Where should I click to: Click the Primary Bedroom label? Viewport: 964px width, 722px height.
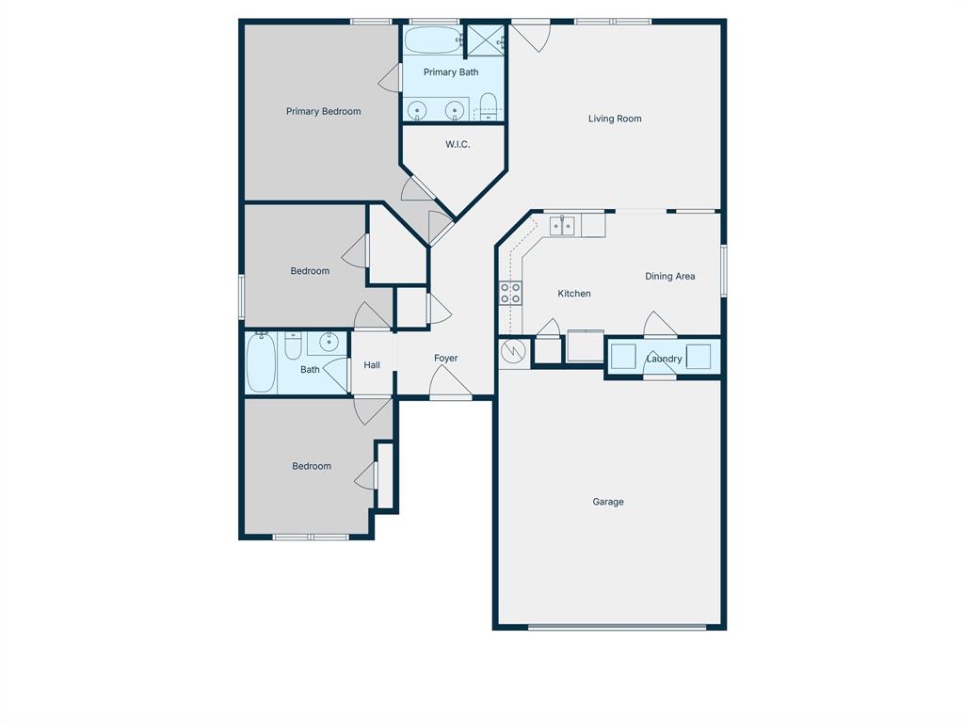click(323, 111)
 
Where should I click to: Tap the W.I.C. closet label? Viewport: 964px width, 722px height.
click(458, 144)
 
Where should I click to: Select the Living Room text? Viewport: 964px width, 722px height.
click(615, 119)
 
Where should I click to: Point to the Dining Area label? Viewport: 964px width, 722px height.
click(669, 276)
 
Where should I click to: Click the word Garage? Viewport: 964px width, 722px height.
click(607, 502)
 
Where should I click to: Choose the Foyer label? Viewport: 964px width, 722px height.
click(445, 358)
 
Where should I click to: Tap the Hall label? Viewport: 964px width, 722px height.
click(372, 364)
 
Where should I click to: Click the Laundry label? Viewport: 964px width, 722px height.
click(664, 359)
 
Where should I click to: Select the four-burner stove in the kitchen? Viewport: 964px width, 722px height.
click(510, 293)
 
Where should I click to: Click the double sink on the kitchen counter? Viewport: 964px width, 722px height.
click(562, 225)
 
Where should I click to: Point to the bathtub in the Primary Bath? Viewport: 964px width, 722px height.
click(432, 40)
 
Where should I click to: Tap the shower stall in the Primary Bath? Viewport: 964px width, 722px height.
click(487, 40)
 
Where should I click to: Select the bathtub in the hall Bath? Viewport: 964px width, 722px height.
click(260, 362)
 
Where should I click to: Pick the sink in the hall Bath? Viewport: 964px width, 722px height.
click(328, 342)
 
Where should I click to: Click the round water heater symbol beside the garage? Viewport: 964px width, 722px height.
click(513, 352)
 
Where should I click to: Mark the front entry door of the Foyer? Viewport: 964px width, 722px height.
click(451, 396)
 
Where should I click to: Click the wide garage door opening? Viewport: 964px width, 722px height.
click(617, 626)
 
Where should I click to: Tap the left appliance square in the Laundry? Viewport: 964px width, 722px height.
click(623, 357)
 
